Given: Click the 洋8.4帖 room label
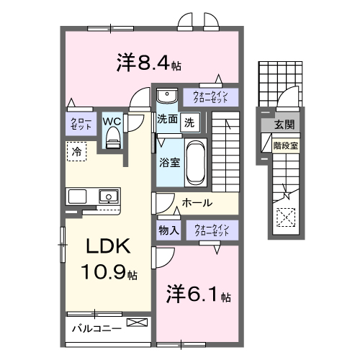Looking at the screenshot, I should click(x=148, y=64).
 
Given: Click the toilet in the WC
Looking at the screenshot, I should click(x=112, y=140).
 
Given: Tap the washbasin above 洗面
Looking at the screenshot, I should click(x=166, y=96).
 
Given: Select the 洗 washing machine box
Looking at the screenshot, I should click(x=189, y=122).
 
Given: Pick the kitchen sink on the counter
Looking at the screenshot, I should click(x=109, y=195).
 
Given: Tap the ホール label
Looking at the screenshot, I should click(x=196, y=204).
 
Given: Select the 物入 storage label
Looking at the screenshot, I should click(x=168, y=230).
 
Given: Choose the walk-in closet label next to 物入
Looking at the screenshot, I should click(x=212, y=231).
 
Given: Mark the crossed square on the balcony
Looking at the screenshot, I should click(x=135, y=323).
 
